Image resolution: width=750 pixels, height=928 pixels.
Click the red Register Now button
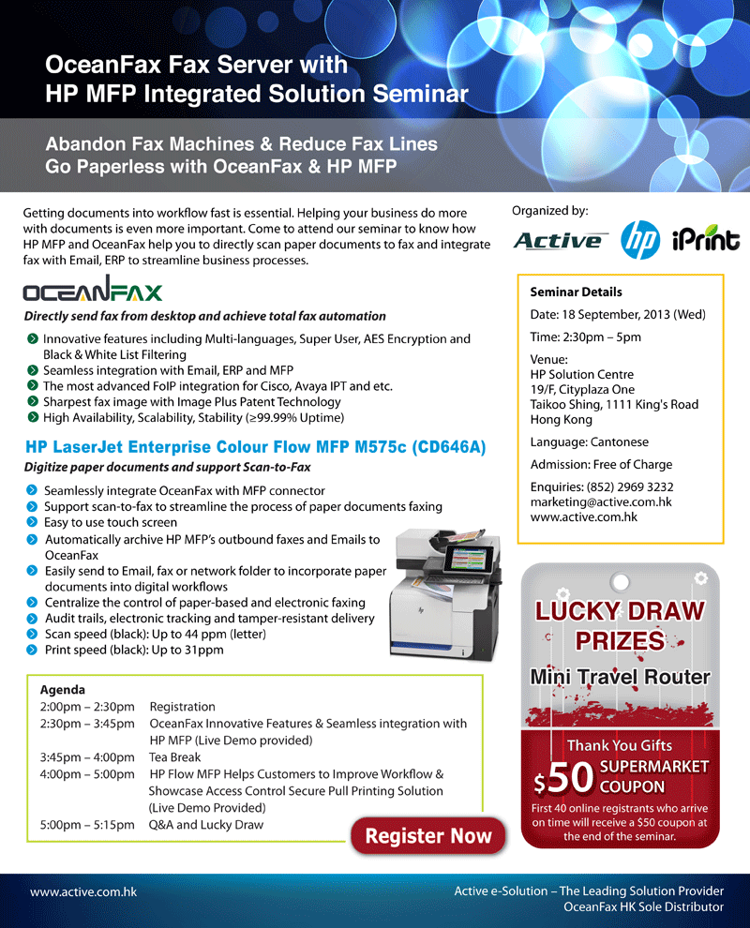427,836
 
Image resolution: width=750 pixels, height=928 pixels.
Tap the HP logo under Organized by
641,241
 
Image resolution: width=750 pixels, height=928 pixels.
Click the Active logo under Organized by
561,241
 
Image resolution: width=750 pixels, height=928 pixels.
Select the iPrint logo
705,241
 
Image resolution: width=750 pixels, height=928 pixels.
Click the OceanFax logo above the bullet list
93,291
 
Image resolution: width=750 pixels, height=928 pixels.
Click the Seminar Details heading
576,292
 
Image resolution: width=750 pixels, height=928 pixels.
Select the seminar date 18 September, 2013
618,314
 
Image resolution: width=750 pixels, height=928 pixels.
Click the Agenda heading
63,689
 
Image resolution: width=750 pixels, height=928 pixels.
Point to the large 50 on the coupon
571,777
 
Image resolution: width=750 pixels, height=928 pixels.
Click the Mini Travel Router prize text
619,676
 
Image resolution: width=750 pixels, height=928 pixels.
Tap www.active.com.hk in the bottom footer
83,891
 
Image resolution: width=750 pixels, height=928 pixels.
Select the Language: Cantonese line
589,442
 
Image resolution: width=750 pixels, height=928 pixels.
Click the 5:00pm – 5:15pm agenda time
87,825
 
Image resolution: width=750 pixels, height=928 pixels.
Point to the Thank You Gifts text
619,745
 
